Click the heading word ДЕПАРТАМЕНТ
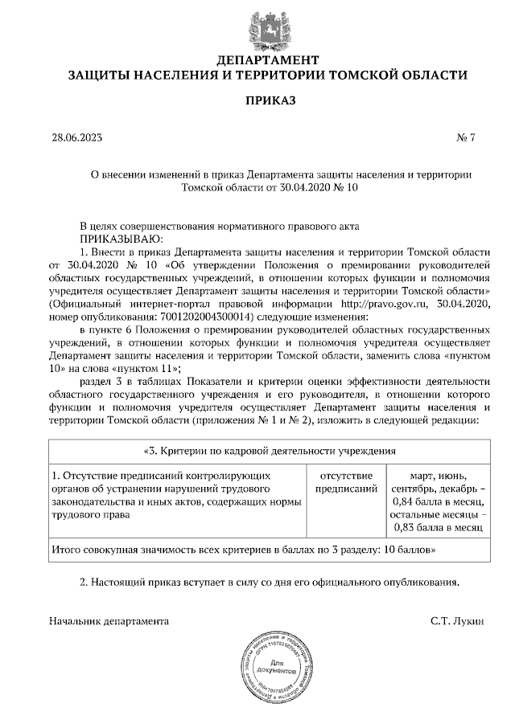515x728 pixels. pyautogui.click(x=267, y=60)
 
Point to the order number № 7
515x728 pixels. pyautogui.click(x=466, y=137)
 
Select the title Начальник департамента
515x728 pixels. pyautogui.click(x=109, y=621)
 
